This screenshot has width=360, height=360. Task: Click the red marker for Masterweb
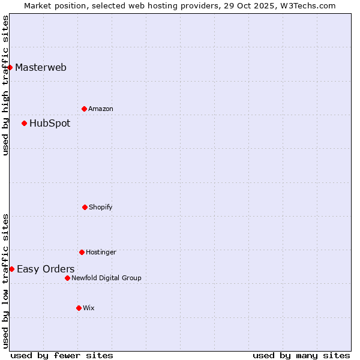coord(10,67)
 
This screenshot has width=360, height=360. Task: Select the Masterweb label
coord(41,67)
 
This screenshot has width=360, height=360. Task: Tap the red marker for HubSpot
coord(25,124)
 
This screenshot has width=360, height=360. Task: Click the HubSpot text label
coord(50,124)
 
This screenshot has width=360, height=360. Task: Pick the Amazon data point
coord(84,109)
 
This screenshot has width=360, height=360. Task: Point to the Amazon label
coord(101,109)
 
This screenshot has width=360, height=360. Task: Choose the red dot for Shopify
coord(85,207)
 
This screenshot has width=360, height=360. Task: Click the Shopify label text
coord(101,208)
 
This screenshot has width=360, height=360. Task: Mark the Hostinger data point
coord(82,252)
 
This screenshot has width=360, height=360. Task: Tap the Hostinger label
coord(101,253)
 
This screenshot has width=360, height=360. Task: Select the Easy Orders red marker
coord(12,269)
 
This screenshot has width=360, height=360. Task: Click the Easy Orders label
coord(46,269)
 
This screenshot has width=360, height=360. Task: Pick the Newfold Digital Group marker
coord(67,278)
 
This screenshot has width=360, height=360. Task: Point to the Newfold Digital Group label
coord(106,278)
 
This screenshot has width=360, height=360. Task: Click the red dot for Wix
coord(79,308)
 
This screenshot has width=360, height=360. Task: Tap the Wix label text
coord(89,308)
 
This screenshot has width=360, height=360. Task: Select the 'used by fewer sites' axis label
coord(62,355)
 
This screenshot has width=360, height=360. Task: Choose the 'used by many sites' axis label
coord(301,355)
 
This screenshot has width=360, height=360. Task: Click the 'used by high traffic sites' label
coord(5,85)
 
